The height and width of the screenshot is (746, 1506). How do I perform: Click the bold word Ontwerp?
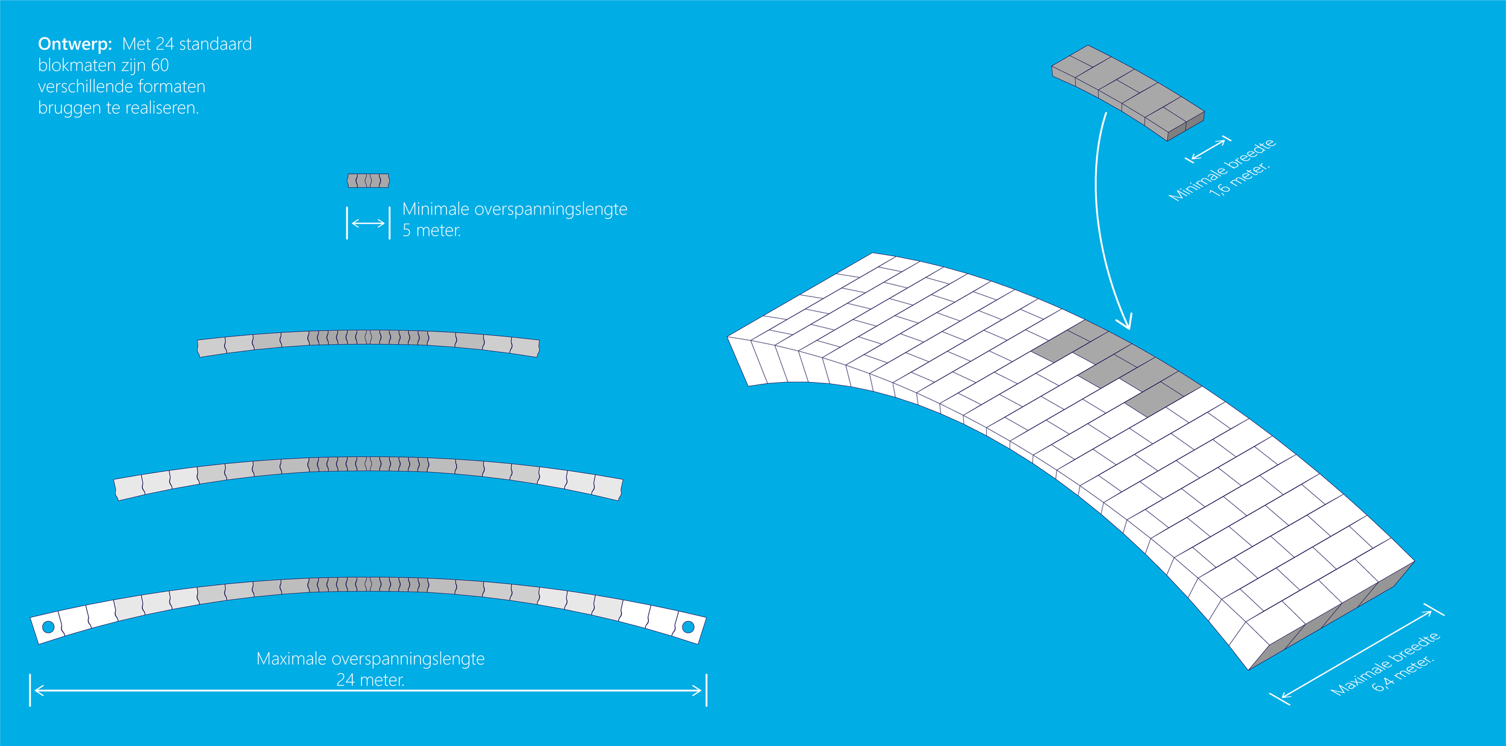pyautogui.click(x=75, y=44)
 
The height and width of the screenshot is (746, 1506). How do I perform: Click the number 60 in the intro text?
pyautogui.click(x=160, y=65)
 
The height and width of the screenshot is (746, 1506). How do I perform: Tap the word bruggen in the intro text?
pyautogui.click(x=69, y=108)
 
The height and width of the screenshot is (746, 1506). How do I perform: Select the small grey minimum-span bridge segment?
pyautogui.click(x=368, y=180)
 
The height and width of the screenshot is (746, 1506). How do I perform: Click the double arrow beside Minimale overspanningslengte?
pyautogui.click(x=368, y=223)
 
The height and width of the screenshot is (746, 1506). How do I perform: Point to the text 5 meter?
pyautogui.click(x=431, y=231)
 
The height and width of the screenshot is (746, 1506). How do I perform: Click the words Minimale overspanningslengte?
pyautogui.click(x=514, y=209)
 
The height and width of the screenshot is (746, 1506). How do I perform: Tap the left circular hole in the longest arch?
pyautogui.click(x=48, y=627)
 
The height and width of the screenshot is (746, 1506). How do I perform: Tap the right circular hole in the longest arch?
pyautogui.click(x=688, y=627)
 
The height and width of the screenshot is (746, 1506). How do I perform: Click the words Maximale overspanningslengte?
pyautogui.click(x=370, y=659)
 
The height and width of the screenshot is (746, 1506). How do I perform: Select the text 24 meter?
pyautogui.click(x=370, y=680)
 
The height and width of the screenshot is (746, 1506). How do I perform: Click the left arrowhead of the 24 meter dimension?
pyautogui.click(x=37, y=690)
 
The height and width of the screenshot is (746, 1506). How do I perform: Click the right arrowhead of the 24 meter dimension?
pyautogui.click(x=699, y=690)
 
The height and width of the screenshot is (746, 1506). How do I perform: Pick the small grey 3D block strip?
pyautogui.click(x=1128, y=92)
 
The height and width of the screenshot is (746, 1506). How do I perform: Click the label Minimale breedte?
pyautogui.click(x=1222, y=169)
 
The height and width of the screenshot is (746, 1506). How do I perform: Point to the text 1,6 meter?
pyautogui.click(x=1240, y=180)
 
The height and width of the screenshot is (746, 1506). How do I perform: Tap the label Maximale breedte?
pyautogui.click(x=1384, y=663)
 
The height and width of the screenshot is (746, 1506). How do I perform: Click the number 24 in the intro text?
pyautogui.click(x=164, y=44)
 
